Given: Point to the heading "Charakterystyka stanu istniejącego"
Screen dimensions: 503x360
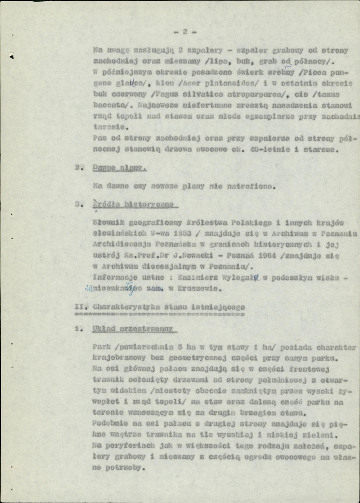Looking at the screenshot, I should click(168, 307).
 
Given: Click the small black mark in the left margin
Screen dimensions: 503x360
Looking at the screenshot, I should click(12, 56).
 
